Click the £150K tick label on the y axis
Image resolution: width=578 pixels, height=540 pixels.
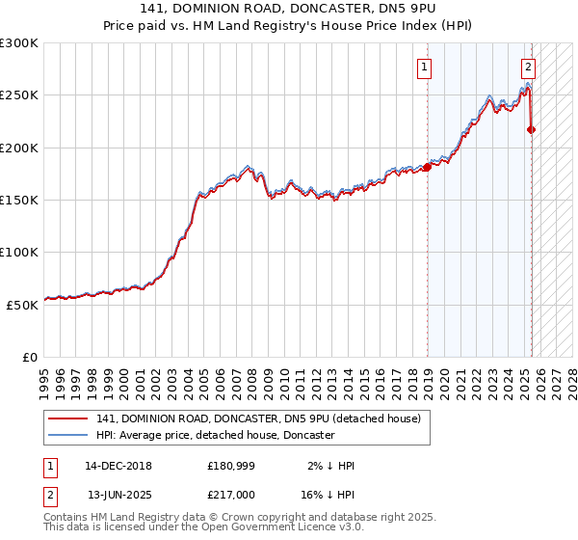[x=18, y=200]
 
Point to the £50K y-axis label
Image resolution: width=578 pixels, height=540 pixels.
[x=21, y=304]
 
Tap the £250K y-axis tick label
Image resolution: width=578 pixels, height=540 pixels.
[x=18, y=95]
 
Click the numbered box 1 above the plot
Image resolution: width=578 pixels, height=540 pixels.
[x=425, y=67]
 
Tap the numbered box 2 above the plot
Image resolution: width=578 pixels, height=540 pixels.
[x=529, y=67]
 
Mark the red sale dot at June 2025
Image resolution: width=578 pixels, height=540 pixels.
[x=532, y=130]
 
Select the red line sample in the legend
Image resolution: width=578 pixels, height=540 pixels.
[x=68, y=418]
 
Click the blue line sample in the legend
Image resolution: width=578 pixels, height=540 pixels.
[x=68, y=435]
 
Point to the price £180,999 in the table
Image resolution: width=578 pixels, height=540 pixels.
[x=229, y=466]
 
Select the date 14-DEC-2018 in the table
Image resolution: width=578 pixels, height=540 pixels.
[x=118, y=466]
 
